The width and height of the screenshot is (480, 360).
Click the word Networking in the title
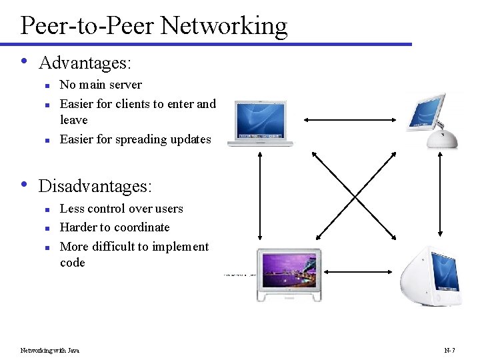223,25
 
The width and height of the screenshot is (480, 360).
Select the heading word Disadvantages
95,185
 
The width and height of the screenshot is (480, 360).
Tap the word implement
180,247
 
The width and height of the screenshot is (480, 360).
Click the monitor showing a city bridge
289,274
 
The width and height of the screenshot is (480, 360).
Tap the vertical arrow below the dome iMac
439,197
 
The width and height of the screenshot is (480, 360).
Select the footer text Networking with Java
50,350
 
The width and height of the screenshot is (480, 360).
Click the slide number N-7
449,350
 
